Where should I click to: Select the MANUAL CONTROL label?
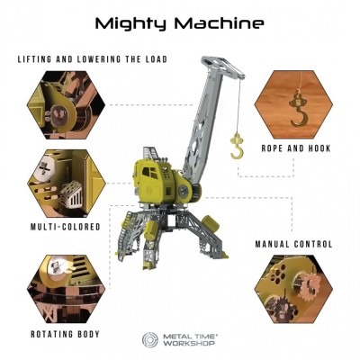pos(293,244)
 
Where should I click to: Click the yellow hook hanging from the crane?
pos(237,148)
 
